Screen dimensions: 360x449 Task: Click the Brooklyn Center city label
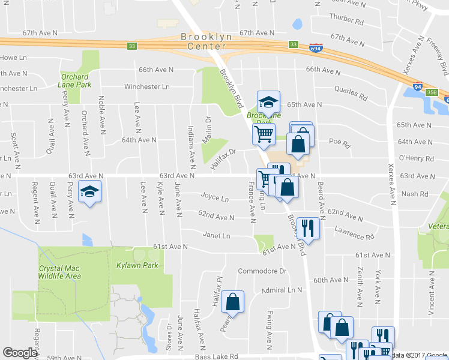tap(202, 41)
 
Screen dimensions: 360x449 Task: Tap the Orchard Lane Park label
tap(75, 80)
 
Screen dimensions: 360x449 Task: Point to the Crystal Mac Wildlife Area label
tap(59, 272)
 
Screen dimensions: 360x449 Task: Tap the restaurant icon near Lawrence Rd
tap(308, 228)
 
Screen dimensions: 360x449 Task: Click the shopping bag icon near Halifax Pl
tap(233, 302)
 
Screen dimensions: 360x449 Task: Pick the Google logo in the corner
tap(20, 353)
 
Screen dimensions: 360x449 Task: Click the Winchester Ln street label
tap(146, 87)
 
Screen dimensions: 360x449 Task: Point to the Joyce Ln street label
tap(214, 197)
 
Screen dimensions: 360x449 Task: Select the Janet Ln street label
tap(216, 236)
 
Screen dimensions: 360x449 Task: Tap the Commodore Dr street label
tap(263, 271)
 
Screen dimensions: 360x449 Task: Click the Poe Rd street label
tap(339, 144)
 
